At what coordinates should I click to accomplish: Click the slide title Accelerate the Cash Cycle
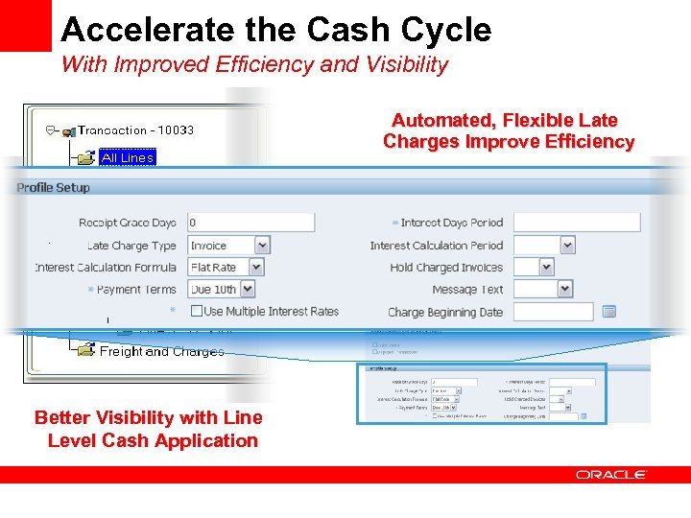[x=275, y=30]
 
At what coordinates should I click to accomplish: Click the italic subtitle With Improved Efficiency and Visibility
[x=254, y=65]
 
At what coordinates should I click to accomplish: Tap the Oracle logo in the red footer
[x=611, y=474]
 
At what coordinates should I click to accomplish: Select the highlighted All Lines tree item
[x=127, y=157]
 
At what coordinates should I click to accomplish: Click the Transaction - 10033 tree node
[x=135, y=130]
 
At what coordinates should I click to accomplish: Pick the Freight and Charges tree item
[x=161, y=351]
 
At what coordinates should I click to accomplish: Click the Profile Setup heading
[x=53, y=187]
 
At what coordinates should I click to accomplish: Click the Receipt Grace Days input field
[x=250, y=223]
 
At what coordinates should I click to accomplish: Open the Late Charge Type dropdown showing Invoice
[x=227, y=246]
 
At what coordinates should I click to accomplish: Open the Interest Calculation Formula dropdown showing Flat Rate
[x=226, y=268]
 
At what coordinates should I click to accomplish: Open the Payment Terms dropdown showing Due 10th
[x=222, y=289]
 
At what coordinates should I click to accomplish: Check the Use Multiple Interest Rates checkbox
[x=196, y=311]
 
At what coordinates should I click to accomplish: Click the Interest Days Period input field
[x=576, y=223]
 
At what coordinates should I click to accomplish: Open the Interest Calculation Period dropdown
[x=544, y=246]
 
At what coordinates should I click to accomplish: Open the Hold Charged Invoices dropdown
[x=534, y=268]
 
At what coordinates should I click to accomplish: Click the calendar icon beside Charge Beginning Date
[x=608, y=312]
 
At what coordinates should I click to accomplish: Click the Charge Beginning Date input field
[x=553, y=312]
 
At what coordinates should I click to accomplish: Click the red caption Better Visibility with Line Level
[x=148, y=429]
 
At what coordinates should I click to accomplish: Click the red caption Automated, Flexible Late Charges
[x=508, y=131]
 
